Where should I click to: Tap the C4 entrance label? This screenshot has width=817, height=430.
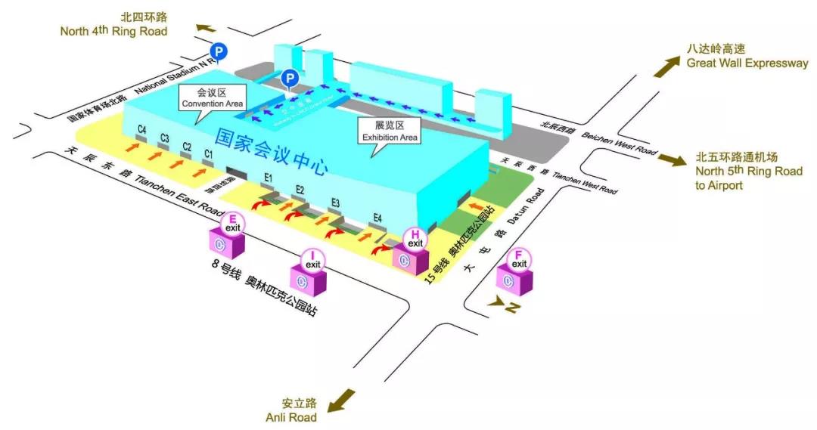coord(141,129)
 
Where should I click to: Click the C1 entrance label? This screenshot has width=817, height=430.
coord(209,153)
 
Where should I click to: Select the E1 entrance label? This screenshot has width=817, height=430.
coord(268,178)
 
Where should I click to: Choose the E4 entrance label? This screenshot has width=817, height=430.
coord(377,219)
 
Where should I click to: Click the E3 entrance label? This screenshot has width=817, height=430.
coord(335,203)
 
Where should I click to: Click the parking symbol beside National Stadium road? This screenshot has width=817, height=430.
coord(218,52)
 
